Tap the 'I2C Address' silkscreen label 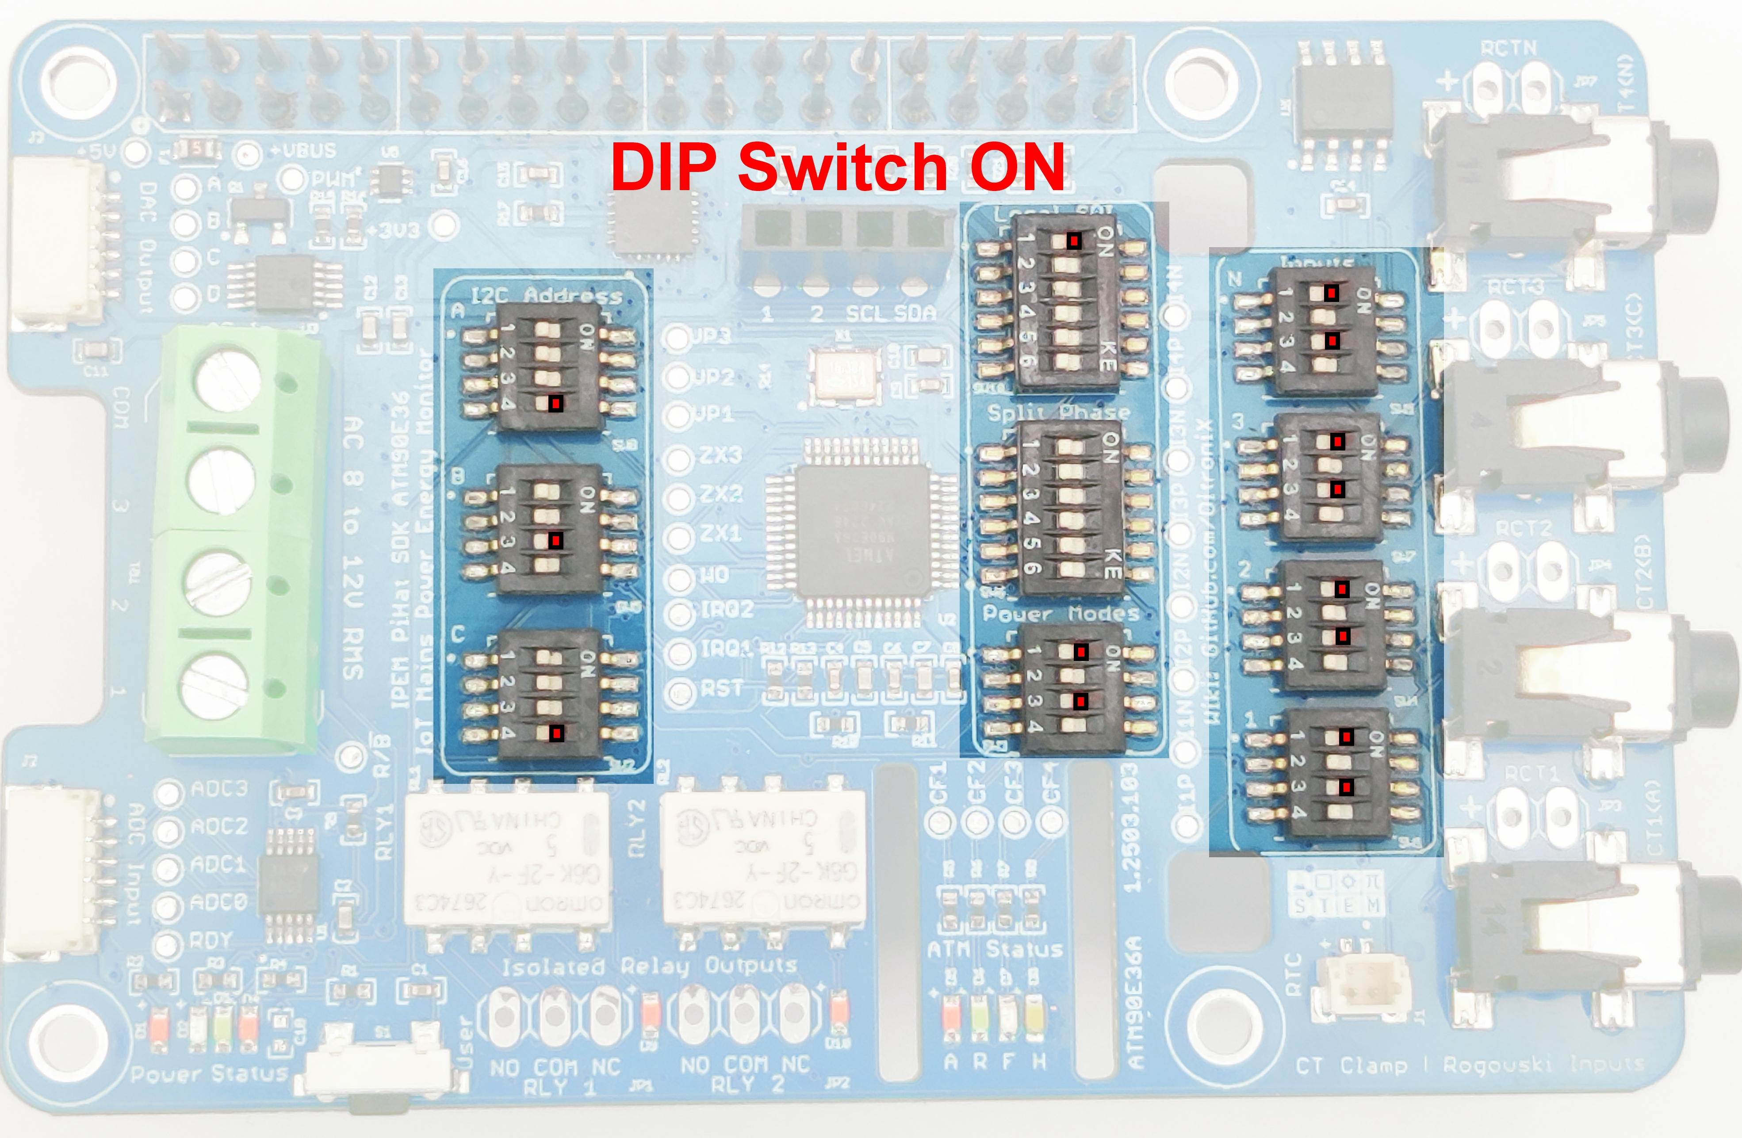point(545,296)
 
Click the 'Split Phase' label point(1058,413)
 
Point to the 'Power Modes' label point(1060,613)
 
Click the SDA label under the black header point(915,314)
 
